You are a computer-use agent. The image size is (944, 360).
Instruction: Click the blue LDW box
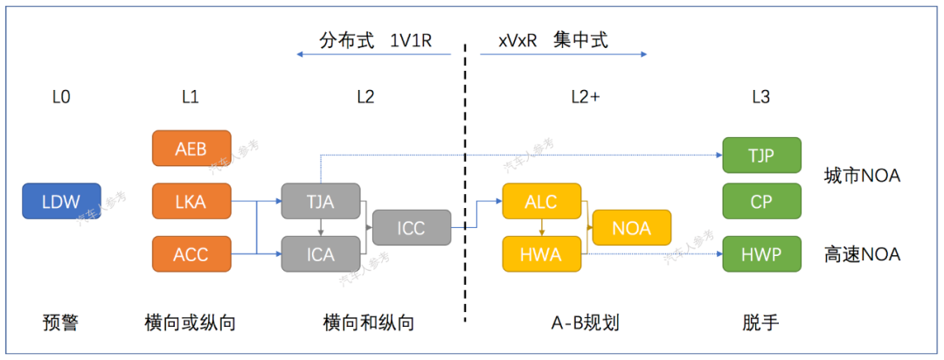[61, 201]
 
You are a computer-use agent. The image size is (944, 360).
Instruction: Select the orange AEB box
[191, 149]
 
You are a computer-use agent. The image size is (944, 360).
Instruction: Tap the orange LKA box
[191, 201]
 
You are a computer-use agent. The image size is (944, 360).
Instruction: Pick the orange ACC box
[191, 254]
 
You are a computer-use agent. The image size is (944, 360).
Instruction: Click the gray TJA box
[321, 201]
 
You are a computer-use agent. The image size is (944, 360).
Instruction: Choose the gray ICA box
[321, 254]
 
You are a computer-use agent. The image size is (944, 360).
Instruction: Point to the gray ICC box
[412, 227]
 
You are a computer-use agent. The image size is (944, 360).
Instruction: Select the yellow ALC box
[542, 201]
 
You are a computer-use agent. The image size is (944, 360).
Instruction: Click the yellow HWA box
[542, 254]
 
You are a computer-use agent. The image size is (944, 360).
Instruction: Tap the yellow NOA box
[632, 227]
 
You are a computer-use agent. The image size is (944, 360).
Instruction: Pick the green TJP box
[761, 155]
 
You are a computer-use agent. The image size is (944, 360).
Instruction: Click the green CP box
[761, 201]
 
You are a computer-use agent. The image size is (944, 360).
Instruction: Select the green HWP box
[761, 254]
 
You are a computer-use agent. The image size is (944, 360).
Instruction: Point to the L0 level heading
[61, 98]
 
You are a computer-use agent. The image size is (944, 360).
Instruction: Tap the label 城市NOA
[862, 177]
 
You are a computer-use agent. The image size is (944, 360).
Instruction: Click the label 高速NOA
[862, 255]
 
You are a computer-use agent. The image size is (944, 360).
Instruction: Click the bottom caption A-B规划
[585, 323]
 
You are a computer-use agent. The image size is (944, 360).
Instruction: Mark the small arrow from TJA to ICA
[321, 227]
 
